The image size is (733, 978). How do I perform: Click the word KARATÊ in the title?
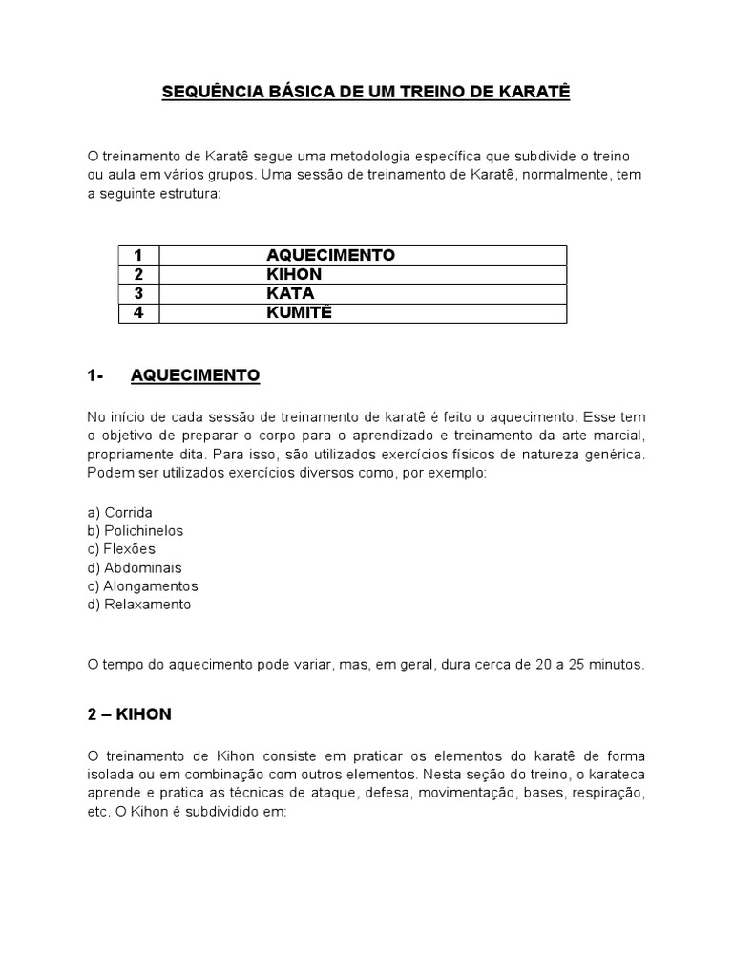(x=530, y=94)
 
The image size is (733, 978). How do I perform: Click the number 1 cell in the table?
(x=138, y=255)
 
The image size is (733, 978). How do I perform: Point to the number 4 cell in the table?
(x=138, y=312)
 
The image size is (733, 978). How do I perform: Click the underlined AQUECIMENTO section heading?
(x=195, y=376)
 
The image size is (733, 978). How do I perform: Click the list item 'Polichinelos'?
(x=143, y=530)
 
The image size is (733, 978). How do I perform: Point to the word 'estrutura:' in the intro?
(x=188, y=193)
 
